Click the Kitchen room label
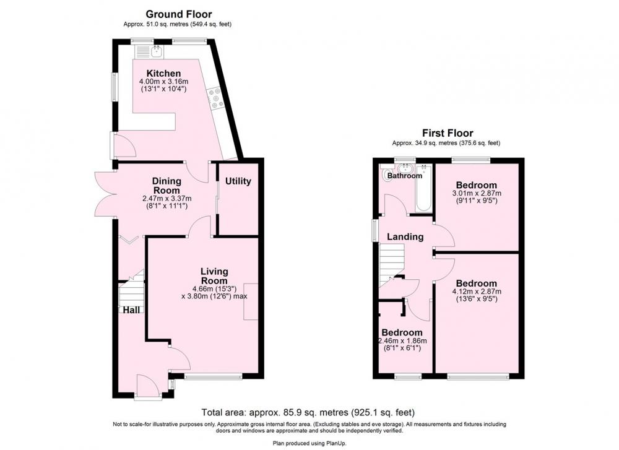pos(163,74)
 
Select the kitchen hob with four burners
pos(215,98)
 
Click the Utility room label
pos(238,181)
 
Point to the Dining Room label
pos(167,186)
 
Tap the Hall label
pos(131,310)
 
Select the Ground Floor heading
pos(179,14)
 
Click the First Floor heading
pos(448,133)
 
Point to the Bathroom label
pos(405,176)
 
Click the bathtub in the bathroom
pos(424,188)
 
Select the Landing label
pos(405,237)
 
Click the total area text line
pos(308,412)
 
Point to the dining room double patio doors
pos(105,194)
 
